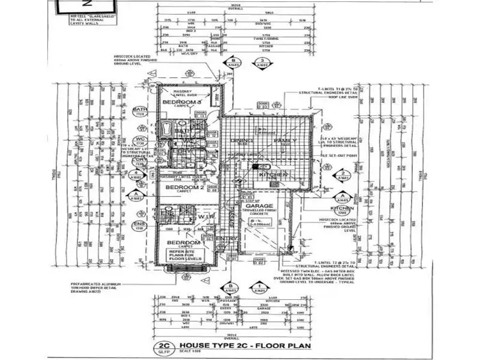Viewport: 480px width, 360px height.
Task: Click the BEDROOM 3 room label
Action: (182, 102)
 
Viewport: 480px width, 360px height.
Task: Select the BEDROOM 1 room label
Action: (184, 244)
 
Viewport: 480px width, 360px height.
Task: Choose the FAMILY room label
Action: (282, 140)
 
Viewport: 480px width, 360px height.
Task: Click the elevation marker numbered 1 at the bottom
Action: (260, 288)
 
